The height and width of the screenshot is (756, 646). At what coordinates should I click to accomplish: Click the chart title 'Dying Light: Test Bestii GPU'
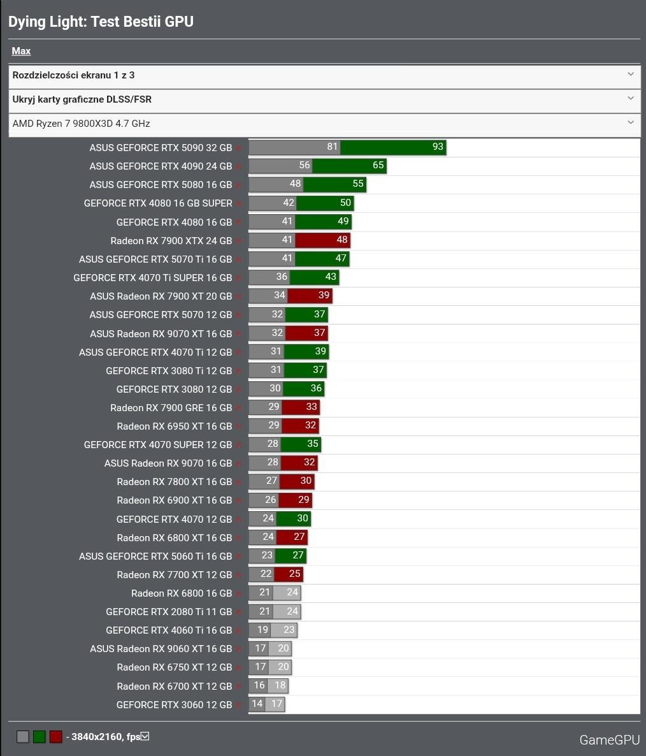coord(101,22)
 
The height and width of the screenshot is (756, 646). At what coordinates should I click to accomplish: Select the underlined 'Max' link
coord(21,51)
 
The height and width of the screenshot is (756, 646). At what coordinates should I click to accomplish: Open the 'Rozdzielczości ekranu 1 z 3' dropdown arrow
coord(630,75)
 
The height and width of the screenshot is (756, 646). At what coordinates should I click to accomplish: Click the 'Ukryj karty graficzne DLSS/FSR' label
coord(82,99)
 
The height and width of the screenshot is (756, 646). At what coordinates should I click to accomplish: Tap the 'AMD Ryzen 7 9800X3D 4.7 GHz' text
coord(81,124)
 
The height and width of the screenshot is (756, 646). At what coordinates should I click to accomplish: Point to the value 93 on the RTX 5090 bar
coord(437,147)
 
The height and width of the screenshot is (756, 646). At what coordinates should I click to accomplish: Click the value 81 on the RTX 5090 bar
coord(332,147)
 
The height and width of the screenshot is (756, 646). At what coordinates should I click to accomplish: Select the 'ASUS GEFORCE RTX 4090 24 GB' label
coord(161,166)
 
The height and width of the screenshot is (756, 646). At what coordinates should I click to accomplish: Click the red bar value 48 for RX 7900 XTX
coord(342,240)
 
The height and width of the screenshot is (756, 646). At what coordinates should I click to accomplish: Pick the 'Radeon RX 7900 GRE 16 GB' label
coord(171,408)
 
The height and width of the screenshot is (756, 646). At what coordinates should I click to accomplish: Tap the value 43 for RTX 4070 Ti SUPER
coord(331,277)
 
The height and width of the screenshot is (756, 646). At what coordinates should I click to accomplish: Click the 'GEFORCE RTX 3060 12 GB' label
coord(174,705)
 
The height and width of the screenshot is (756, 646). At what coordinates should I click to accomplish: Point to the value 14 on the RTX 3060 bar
coord(257,704)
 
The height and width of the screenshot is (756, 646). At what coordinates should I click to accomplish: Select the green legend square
coord(39,737)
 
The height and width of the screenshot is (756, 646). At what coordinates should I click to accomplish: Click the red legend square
coord(56,737)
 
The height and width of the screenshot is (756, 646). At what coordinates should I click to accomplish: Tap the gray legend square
coord(23,737)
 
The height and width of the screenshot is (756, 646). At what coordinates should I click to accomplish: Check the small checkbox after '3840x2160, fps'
coord(145,736)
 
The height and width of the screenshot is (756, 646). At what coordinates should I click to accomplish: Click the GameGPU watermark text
coord(609,740)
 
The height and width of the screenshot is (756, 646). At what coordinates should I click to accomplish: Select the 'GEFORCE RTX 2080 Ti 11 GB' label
coord(169,612)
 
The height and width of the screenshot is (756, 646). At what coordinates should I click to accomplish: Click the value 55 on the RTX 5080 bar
coord(358,184)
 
